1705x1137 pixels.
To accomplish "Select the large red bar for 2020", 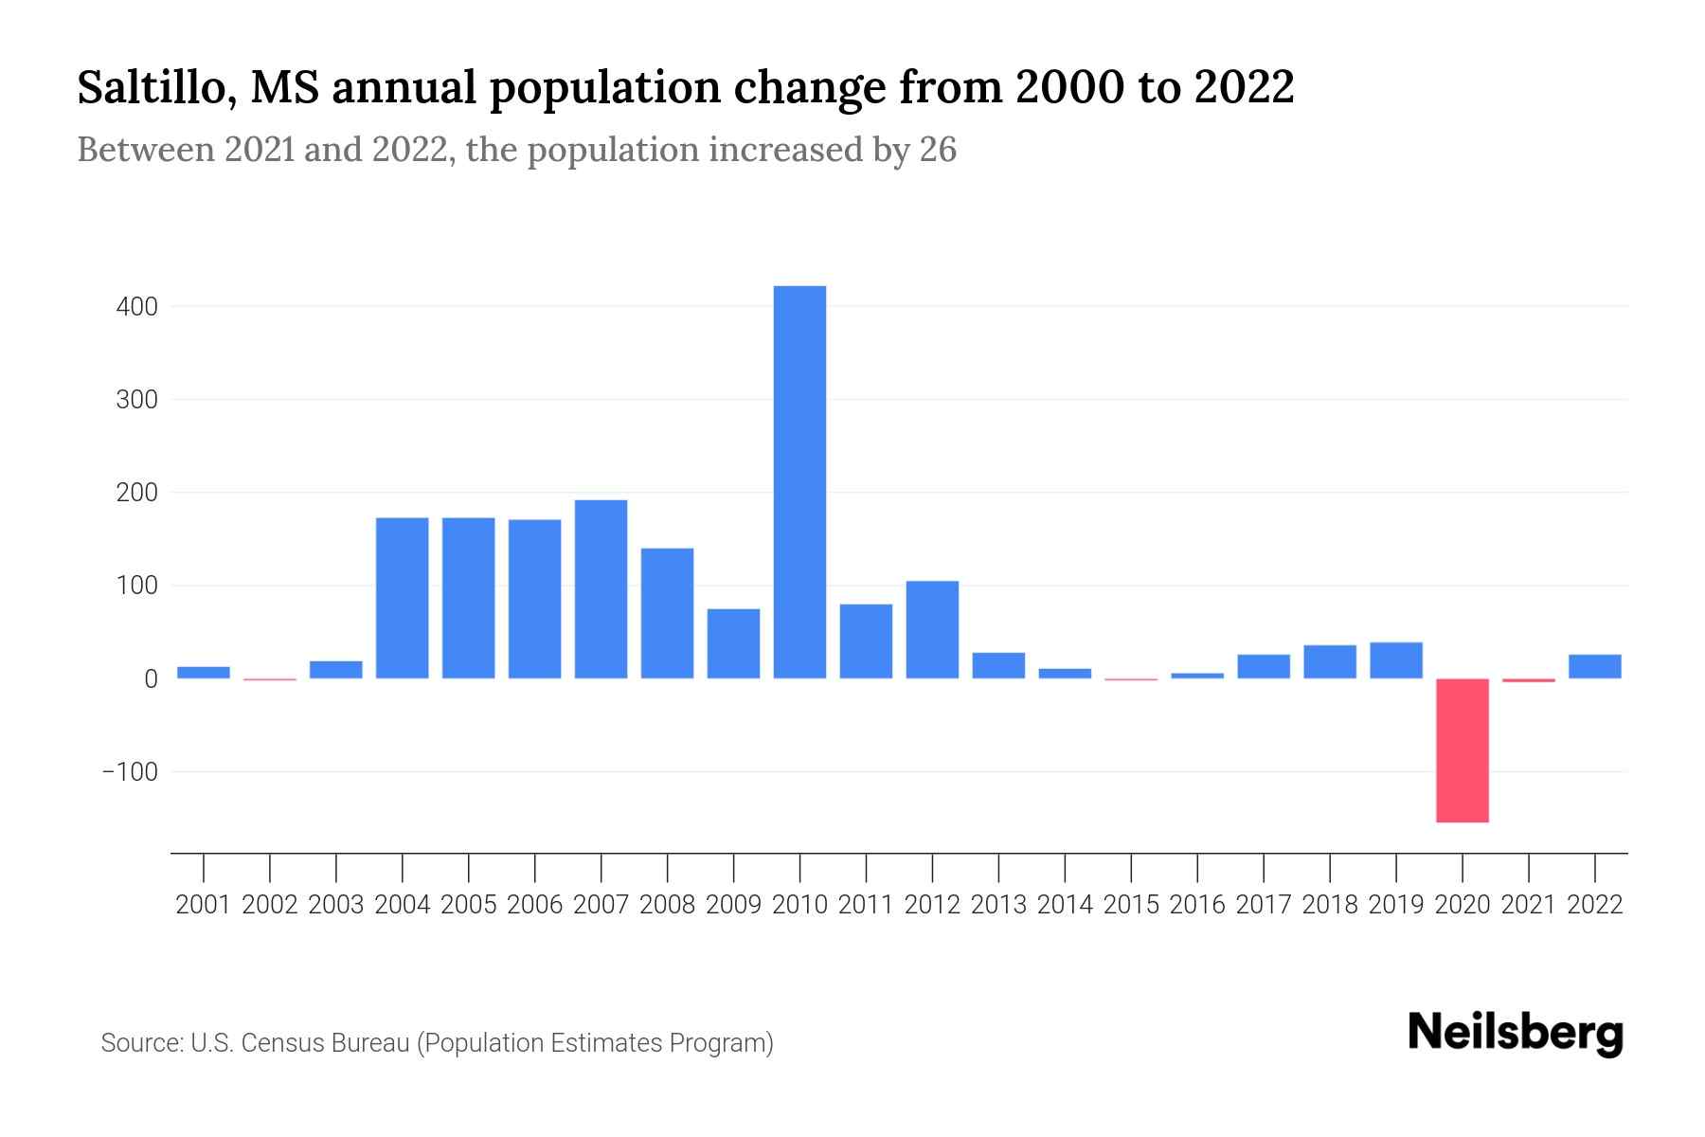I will [x=1462, y=749].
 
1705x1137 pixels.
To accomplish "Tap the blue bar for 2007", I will [x=601, y=588].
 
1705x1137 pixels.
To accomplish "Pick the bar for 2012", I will [x=932, y=629].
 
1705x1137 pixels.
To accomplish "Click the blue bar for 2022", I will [x=1594, y=666].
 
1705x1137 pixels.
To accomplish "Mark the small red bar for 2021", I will [x=1528, y=680].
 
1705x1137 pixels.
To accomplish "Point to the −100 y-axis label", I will [x=130, y=771].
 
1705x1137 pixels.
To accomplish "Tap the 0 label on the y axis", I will [x=151, y=679].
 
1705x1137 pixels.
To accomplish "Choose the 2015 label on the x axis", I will [x=1131, y=905].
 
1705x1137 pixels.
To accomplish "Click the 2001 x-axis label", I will [x=204, y=905].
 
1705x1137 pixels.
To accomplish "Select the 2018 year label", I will [x=1329, y=905].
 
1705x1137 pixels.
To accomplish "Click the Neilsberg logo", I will [x=1516, y=1034].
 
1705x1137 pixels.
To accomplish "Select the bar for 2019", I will [x=1395, y=660].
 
